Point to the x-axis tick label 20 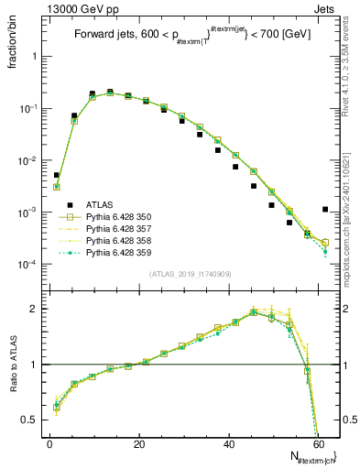coord(139,443)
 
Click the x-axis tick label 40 coord(229,443)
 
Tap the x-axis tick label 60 coord(318,443)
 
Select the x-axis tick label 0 coord(49,443)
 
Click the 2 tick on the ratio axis coord(37,309)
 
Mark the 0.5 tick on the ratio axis coord(33,420)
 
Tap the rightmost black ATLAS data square coord(325,209)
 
